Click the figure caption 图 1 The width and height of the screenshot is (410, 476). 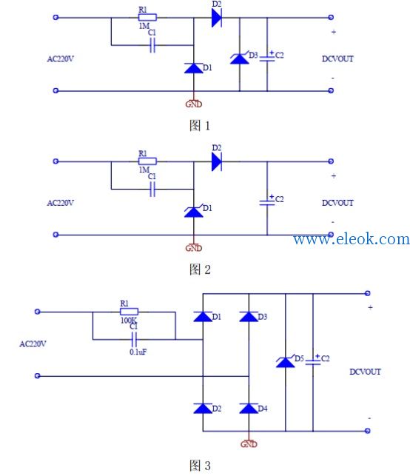[199, 125]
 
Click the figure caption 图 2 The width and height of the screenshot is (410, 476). [200, 269]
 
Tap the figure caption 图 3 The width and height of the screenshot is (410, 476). [200, 466]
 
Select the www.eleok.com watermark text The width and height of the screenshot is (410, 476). [352, 238]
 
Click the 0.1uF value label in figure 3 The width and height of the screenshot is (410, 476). [138, 352]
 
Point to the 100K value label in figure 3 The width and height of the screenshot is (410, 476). [129, 321]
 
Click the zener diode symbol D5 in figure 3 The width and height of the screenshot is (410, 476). [285, 362]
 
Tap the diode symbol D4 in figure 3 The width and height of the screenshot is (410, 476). [249, 409]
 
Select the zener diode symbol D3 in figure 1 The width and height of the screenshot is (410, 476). [240, 58]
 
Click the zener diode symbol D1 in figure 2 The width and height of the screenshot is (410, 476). [194, 211]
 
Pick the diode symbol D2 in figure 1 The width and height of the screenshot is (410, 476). [217, 18]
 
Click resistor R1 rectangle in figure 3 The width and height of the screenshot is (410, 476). [130, 312]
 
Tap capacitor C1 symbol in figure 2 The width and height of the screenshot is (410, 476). [152, 189]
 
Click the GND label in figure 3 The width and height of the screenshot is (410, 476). [249, 444]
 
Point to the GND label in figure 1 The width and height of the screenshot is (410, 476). [194, 104]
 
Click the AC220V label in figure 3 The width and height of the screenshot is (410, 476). [33, 344]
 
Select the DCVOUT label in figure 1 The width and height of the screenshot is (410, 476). [337, 59]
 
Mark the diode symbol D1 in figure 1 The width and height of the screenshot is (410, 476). [194, 68]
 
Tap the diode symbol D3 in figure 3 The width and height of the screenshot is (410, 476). [249, 317]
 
